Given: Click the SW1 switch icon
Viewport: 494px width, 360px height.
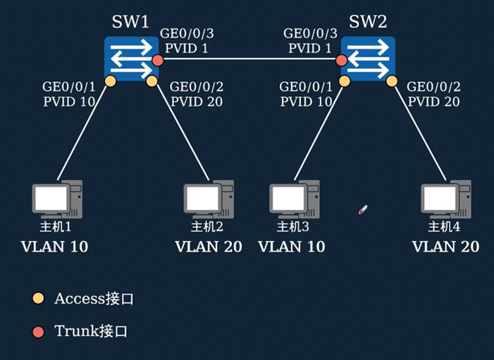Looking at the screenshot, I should click(130, 58).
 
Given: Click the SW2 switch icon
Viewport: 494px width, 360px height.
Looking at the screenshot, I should click(366, 58).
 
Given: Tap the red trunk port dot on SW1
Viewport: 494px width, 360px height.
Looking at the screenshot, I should click(157, 61).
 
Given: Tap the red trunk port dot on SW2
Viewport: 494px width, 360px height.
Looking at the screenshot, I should click(342, 61).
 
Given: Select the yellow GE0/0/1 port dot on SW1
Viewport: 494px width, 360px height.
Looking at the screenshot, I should click(110, 81).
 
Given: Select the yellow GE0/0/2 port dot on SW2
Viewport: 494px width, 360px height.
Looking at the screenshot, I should click(393, 81).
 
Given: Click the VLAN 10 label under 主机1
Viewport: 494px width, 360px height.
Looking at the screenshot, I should click(55, 247).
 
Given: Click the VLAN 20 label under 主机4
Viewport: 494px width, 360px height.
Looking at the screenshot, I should click(445, 247).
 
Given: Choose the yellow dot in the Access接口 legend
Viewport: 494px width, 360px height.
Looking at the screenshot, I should click(39, 299).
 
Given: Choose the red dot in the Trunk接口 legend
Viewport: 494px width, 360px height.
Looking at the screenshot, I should click(39, 331).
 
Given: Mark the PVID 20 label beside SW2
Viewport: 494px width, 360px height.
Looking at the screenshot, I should click(434, 101).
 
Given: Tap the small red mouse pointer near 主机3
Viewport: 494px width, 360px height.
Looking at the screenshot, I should click(363, 209).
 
